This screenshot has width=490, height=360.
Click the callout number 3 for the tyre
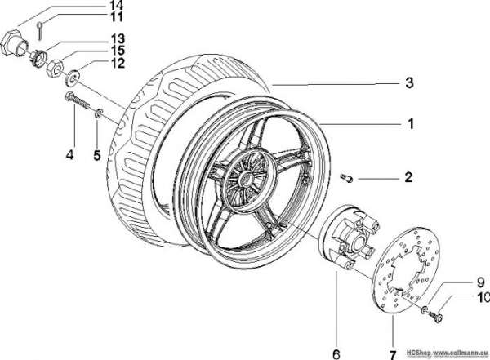tap(409, 82)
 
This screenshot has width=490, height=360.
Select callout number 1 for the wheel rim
tap(411, 123)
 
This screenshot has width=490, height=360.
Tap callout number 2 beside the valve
tap(408, 177)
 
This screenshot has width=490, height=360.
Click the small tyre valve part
tap(346, 178)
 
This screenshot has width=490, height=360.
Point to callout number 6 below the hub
tap(336, 354)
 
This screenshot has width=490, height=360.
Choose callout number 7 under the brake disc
tap(393, 355)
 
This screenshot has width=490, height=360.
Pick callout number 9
tap(480, 282)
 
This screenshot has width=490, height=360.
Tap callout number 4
tap(69, 154)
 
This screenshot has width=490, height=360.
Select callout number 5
tap(97, 155)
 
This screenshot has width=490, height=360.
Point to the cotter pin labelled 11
tap(39, 31)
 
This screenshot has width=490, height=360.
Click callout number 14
tap(116, 5)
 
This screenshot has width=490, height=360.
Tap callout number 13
tap(118, 39)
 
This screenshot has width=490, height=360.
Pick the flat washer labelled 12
tap(72, 78)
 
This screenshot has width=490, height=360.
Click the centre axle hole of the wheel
tap(247, 180)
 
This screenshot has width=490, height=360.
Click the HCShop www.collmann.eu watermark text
tap(448, 353)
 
